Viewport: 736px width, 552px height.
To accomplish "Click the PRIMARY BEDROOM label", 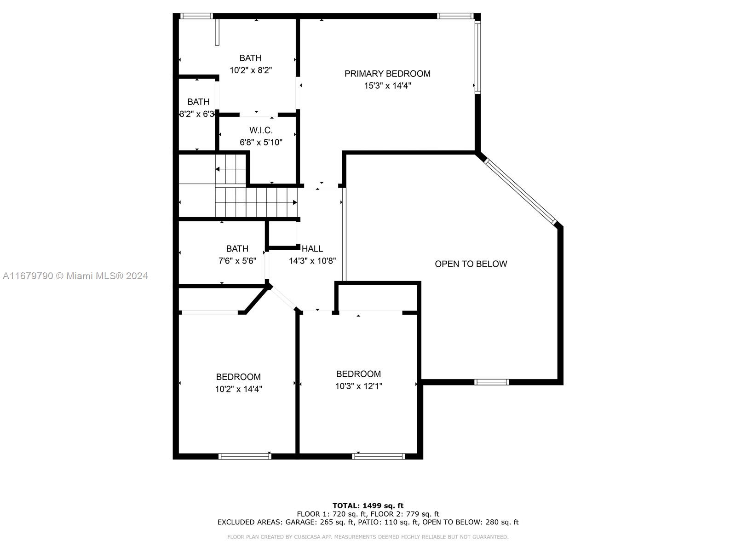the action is click(387, 74).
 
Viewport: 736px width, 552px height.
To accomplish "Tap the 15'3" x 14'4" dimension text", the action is click(388, 86).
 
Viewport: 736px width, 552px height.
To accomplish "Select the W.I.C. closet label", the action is click(261, 130).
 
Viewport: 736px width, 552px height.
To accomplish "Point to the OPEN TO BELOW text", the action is click(471, 264).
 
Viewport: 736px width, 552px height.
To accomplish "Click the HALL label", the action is click(312, 249).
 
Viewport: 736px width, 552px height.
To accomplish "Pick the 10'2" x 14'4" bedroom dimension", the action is click(238, 389).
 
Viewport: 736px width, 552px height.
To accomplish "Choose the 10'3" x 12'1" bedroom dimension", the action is click(359, 386).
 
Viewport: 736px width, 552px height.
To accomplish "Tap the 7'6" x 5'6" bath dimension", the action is click(237, 261).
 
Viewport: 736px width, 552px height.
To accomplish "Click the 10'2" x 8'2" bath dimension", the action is click(251, 70).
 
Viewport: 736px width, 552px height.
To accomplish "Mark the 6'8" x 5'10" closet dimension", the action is click(261, 143).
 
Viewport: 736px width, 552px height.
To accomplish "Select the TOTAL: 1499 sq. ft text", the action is click(368, 506).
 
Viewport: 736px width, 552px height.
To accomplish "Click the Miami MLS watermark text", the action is click(75, 276).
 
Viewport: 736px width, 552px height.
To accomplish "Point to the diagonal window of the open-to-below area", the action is click(520, 191).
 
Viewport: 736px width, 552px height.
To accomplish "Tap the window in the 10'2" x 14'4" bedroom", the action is click(245, 456).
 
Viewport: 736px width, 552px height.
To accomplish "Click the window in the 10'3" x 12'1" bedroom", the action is click(378, 456).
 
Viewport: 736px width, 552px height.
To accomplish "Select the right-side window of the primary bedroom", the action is click(478, 57).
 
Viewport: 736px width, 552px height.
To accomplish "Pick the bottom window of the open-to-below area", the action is click(492, 382).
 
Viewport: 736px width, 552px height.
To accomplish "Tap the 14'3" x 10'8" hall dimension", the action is click(312, 261).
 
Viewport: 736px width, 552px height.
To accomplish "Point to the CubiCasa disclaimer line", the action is click(368, 537).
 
